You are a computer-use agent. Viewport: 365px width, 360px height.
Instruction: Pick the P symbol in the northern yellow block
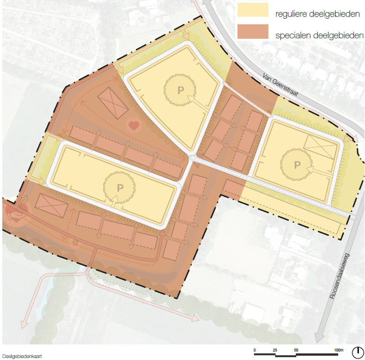[x=180, y=88]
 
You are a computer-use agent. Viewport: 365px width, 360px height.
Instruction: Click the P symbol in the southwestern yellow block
[x=120, y=187]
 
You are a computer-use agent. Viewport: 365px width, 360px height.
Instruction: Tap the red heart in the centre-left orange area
[x=133, y=125]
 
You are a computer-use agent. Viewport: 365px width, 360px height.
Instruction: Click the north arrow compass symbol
[x=358, y=352]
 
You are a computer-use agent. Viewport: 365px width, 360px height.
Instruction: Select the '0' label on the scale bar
[x=255, y=350]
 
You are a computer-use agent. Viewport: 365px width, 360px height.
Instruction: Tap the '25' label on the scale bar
[x=275, y=350]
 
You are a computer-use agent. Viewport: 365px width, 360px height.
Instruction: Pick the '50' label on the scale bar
[x=296, y=350]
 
